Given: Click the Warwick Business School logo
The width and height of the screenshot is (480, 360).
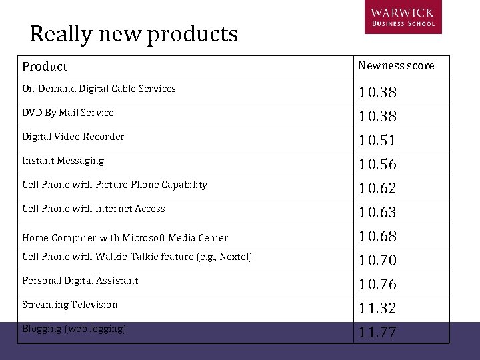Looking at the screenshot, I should [x=402, y=17].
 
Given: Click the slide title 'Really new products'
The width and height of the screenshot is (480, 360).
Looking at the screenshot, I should [x=133, y=33].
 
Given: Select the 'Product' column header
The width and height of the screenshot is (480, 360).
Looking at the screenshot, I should [x=45, y=67].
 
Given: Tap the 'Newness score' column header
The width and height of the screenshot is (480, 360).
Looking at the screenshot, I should [x=396, y=65].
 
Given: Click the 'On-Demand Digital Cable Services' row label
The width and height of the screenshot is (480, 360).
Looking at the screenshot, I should [x=99, y=89].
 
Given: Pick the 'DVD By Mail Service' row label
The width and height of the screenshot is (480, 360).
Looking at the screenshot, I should [x=68, y=113].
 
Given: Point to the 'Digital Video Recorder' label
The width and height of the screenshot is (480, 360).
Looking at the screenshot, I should [x=73, y=137].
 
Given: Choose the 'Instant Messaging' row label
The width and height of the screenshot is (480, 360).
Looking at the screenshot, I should [x=63, y=161].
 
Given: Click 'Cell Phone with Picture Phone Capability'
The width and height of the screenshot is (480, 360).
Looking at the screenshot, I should [x=115, y=185].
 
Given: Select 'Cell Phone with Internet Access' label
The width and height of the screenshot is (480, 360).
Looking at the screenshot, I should [x=93, y=209].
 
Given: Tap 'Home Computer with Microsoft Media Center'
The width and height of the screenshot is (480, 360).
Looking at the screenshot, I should [x=125, y=238].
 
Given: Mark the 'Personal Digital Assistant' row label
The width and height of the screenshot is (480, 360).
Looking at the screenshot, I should [x=80, y=281].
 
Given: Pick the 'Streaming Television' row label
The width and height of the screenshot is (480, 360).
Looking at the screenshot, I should [x=70, y=305].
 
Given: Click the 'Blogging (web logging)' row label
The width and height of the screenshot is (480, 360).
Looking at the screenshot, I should [x=74, y=329].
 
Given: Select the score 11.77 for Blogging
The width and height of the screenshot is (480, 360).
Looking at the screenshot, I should [x=377, y=332].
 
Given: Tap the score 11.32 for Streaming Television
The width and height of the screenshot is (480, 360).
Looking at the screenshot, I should [x=377, y=308].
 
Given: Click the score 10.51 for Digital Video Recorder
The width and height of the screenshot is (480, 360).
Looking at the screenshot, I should [x=377, y=140].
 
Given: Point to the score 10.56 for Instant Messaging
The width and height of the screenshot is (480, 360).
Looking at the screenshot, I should [x=377, y=164].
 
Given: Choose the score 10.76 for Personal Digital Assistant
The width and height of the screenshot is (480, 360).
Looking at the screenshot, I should [x=377, y=284].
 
